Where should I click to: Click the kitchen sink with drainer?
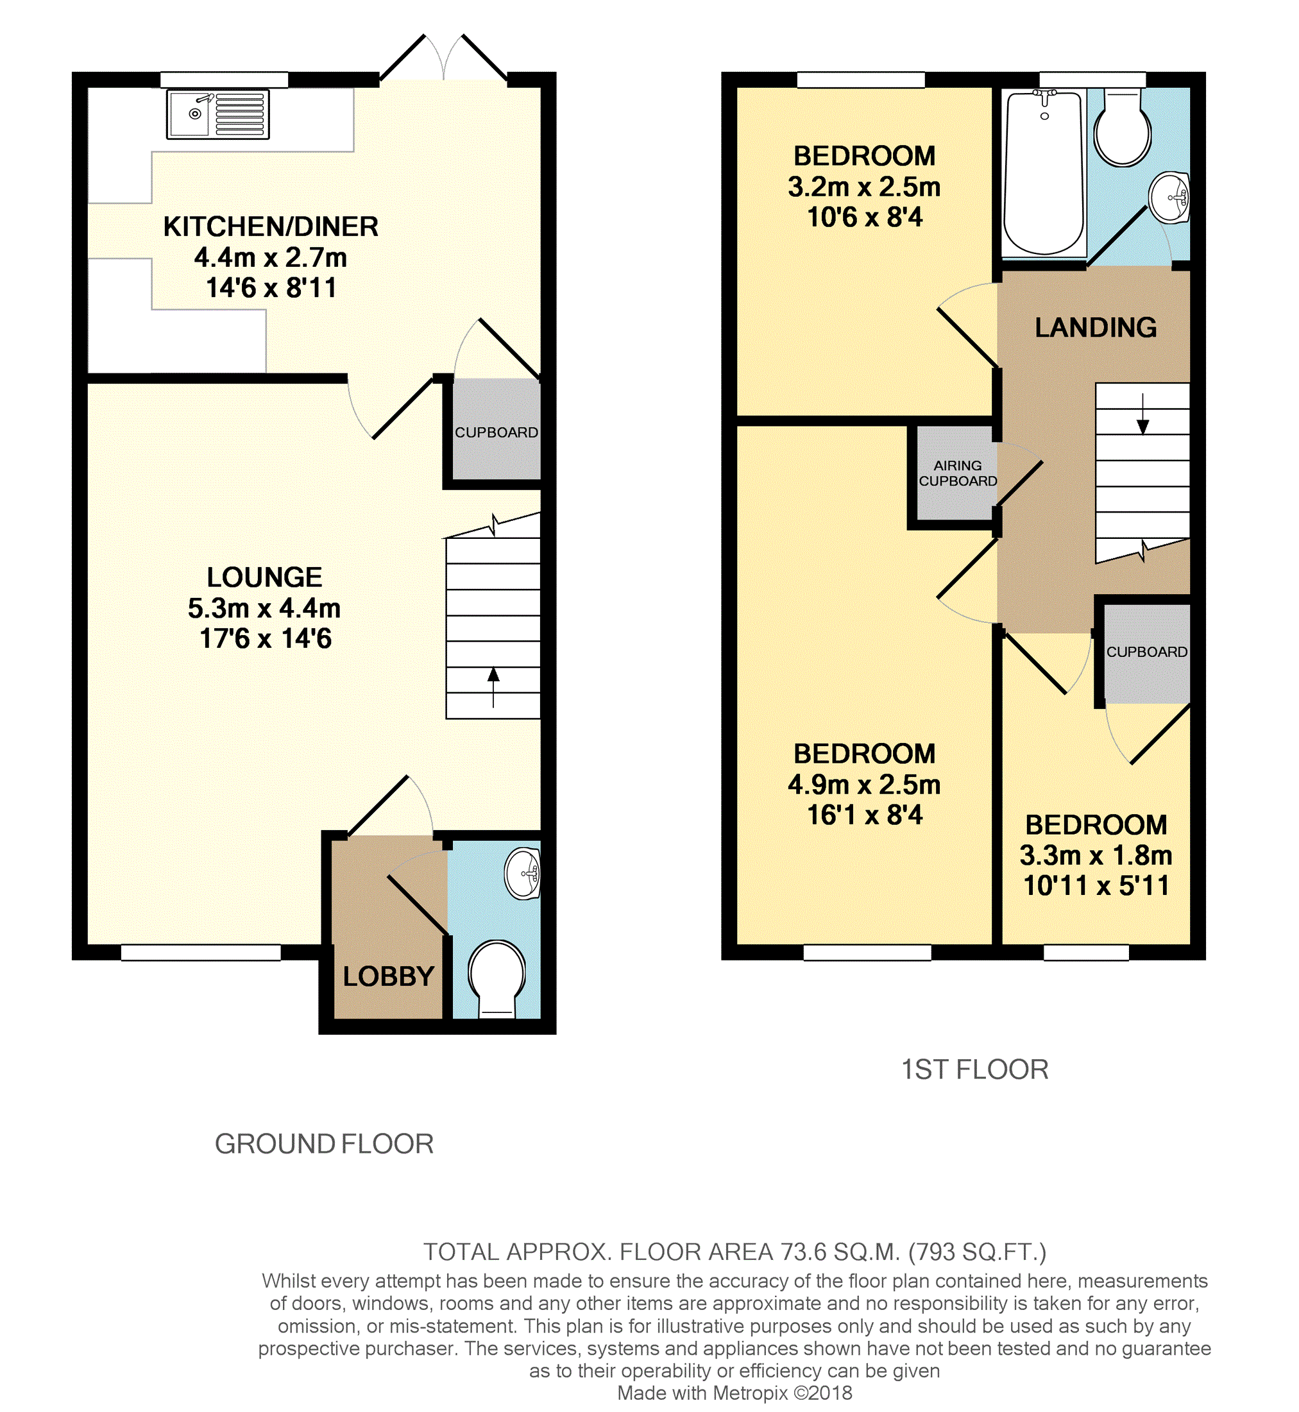coord(218,114)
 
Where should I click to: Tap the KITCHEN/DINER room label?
coord(271,227)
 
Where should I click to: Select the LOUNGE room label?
coord(264,578)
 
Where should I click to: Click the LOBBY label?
coord(389,976)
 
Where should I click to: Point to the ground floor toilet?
coord(497,980)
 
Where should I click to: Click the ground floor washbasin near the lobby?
coord(523,874)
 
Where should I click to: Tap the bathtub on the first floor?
coord(1044,174)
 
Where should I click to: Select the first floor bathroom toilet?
coord(1123,127)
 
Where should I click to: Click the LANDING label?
coord(1096,328)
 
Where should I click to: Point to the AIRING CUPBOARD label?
coord(958,473)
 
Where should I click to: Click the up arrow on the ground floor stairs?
coord(493,686)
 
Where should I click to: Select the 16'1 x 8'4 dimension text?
coord(865,815)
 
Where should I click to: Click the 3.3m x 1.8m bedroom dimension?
coord(1096,855)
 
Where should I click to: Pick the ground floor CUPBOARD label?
coord(497,432)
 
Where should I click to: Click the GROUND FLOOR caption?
coord(324,1144)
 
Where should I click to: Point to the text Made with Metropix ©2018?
coord(734,1393)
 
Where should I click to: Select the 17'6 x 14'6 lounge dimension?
coord(265,639)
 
